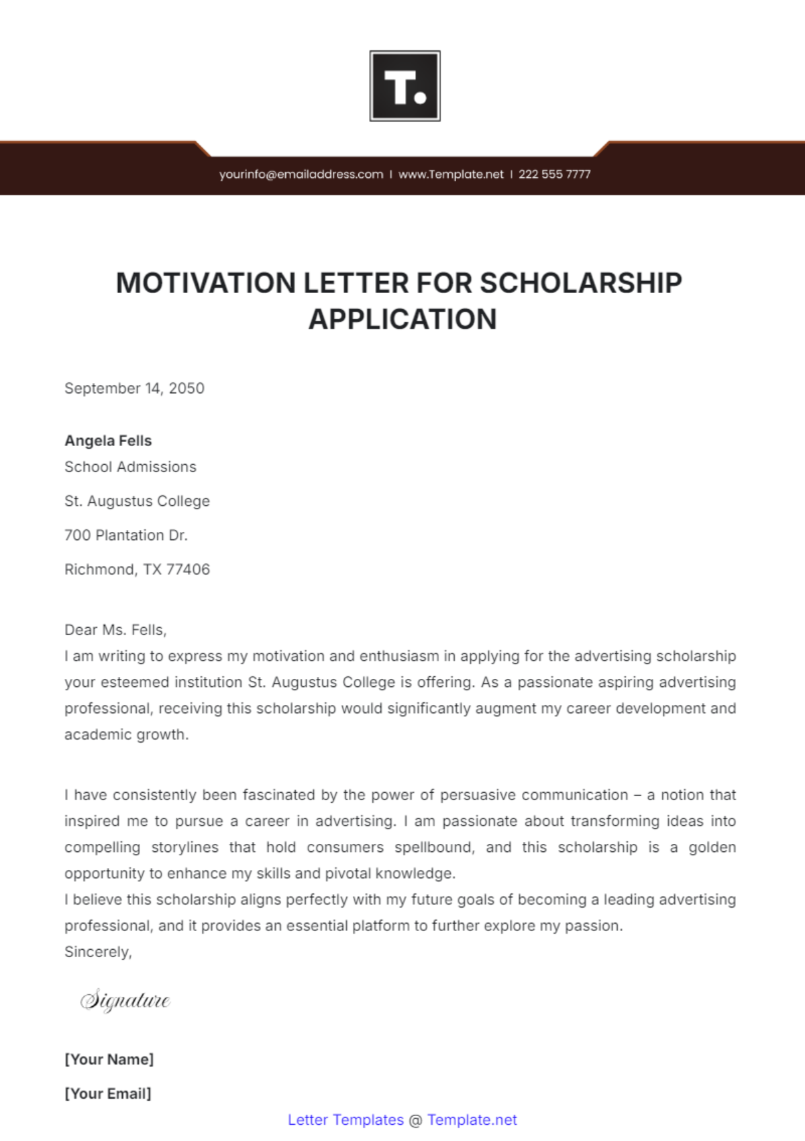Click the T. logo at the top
point(405,86)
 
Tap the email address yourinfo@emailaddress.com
point(301,174)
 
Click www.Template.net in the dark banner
point(451,174)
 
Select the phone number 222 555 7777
point(554,174)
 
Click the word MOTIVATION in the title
point(206,283)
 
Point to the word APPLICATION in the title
point(402,319)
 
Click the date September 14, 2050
point(134,388)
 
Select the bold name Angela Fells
point(108,441)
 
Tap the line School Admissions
point(130,467)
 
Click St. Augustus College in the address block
point(137,501)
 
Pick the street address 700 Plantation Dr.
point(126,535)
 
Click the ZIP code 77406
point(188,569)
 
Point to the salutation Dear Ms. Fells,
point(115,630)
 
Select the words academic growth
point(126,735)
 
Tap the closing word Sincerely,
point(98,952)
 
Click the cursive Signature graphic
point(125,1000)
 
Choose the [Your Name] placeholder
point(109,1059)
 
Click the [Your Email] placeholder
point(107,1093)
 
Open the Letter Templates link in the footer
point(345,1120)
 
